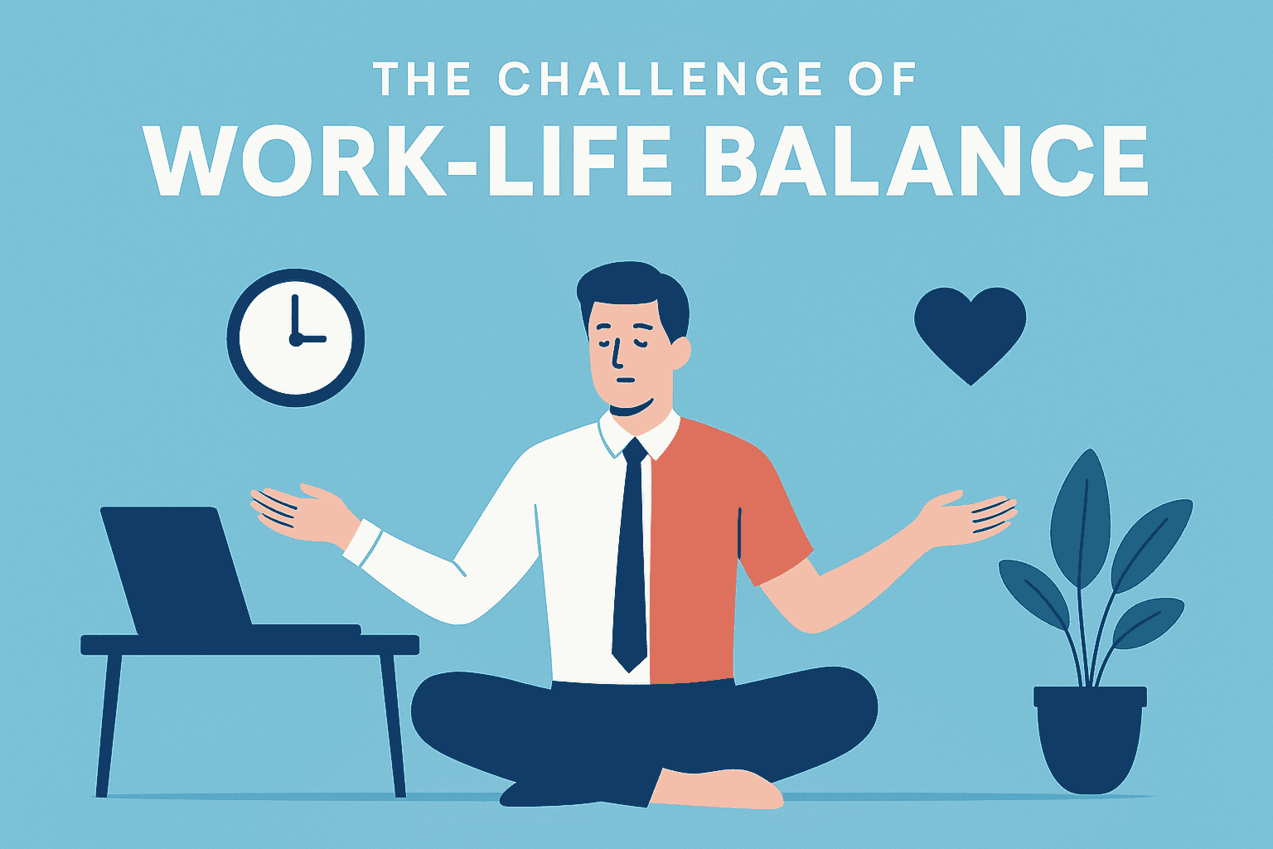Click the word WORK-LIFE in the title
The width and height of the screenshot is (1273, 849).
[x=409, y=160]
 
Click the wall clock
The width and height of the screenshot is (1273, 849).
[x=296, y=337]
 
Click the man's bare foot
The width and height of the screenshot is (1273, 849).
[x=717, y=788]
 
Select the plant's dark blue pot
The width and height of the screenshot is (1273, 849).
[x=1090, y=740]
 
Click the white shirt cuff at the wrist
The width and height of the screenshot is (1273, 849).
[x=362, y=543]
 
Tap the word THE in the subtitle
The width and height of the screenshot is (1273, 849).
[x=422, y=79]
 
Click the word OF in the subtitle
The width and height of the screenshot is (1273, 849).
[x=882, y=79]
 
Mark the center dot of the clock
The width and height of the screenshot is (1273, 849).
[x=296, y=339]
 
